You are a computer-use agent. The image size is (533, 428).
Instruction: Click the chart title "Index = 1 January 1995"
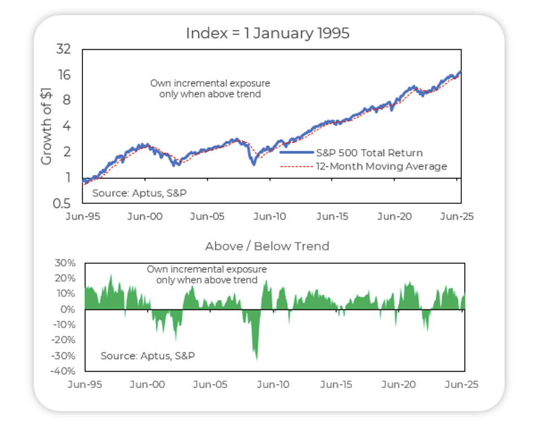pos(268,33)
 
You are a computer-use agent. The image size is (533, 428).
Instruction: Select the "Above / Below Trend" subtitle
pos(267,246)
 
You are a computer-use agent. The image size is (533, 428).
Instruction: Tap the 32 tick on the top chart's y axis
pos(63,49)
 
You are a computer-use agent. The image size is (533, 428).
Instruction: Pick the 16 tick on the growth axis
pos(63,75)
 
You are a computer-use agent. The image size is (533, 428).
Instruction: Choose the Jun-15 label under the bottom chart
pos(337,385)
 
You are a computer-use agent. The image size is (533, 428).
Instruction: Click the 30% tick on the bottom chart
pos(64,263)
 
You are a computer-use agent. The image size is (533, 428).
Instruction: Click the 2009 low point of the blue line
pos(254,164)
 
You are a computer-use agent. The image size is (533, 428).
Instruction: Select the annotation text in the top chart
pos(210,89)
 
